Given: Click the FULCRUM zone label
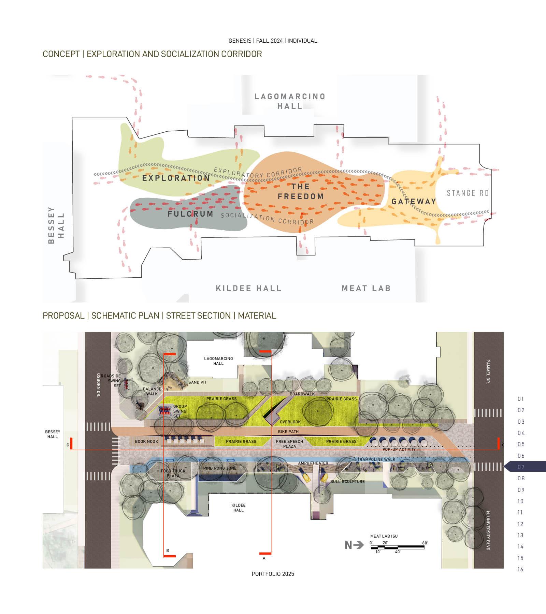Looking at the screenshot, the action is coord(190,214).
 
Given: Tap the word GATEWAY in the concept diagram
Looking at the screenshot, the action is coord(414,202).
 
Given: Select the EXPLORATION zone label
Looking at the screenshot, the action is coord(176,178).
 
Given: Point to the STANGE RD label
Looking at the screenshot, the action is coord(468,193).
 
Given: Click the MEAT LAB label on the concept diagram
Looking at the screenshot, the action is coord(366,288).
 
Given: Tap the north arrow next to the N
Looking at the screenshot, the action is coord(358,545).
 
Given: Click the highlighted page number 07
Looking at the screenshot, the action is coord(521,467).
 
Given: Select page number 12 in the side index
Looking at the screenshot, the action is coord(520,524).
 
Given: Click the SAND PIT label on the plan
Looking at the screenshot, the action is coord(197,382).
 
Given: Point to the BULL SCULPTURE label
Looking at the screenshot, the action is coord(347,482).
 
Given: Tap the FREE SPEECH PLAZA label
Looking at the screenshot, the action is coord(289,444).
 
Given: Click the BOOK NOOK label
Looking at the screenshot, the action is coord(146,441).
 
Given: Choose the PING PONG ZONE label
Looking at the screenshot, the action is coord(220,468).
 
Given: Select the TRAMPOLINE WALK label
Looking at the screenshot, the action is coord(376,459).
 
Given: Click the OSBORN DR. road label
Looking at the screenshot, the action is coord(98,385).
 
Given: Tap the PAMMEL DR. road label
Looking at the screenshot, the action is coord(488,371).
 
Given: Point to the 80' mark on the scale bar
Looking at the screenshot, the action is coord(425,543).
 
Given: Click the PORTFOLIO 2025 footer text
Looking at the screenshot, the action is coord(273,574).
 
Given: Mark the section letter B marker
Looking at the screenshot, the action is coord(168,551).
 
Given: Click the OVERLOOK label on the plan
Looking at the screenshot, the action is coord(290,422).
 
